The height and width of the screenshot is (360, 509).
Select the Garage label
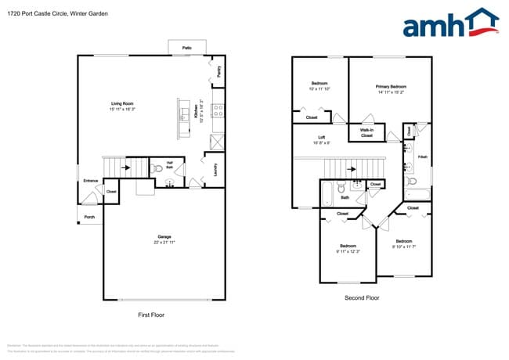tap(164, 236)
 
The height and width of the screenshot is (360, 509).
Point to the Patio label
tap(187, 48)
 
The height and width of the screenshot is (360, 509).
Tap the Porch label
tap(89, 217)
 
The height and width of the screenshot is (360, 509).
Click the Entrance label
tap(91, 182)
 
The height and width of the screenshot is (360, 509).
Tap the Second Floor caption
tap(362, 298)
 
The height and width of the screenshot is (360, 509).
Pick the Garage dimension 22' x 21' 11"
tap(164, 243)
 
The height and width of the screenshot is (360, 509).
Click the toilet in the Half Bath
tap(159, 168)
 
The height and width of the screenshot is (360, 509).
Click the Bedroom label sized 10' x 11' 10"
tap(319, 83)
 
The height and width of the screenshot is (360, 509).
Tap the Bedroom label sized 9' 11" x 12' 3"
tap(348, 245)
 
